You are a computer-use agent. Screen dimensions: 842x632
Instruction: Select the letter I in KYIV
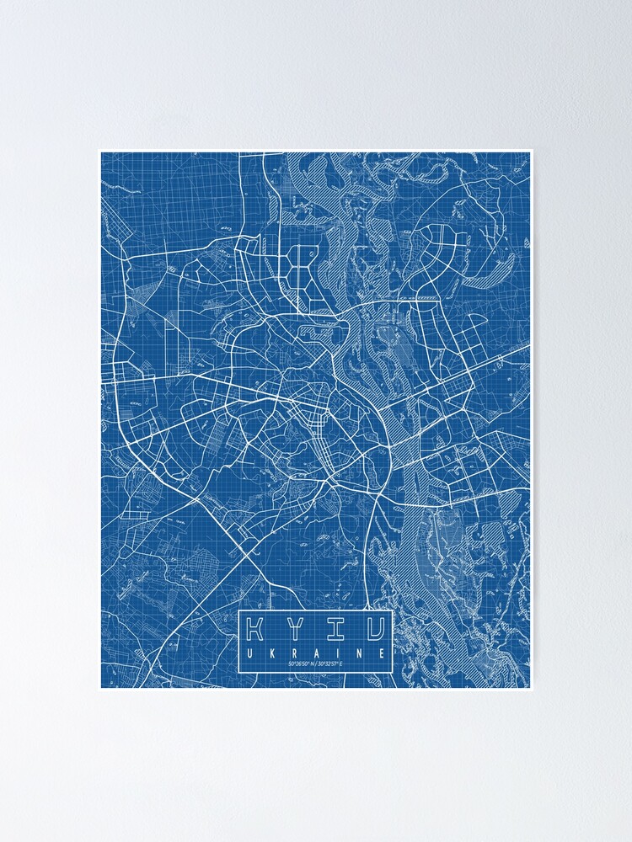[335, 628]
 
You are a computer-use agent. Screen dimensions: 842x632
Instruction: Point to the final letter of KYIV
[376, 628]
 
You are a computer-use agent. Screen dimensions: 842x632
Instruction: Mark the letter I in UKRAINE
[338, 653]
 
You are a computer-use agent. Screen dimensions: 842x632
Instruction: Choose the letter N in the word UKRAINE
[361, 653]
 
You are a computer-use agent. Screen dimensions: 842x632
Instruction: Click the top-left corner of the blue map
[102, 153]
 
